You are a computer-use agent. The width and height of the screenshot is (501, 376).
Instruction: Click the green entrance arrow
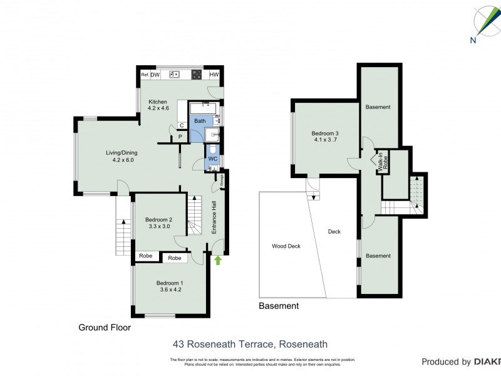point(217,259)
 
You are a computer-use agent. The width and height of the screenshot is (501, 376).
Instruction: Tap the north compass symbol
point(483,23)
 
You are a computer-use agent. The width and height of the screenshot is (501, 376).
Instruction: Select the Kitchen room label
point(158,105)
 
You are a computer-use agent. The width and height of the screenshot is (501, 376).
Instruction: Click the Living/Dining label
point(121,156)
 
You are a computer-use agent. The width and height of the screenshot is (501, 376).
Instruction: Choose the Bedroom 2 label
point(158,223)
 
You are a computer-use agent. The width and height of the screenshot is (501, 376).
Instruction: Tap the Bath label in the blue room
point(200,121)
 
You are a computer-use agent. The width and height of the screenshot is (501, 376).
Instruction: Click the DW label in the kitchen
point(155,75)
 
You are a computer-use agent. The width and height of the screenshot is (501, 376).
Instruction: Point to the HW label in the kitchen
point(214,75)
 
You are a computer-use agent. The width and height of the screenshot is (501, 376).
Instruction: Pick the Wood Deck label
point(286,246)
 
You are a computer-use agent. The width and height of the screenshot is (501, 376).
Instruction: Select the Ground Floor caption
point(105,327)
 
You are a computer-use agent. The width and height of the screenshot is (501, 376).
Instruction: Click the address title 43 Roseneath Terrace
point(250,344)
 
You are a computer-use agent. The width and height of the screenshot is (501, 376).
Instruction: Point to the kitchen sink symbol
point(174,75)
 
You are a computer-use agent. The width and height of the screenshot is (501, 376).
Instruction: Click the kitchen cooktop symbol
point(196,75)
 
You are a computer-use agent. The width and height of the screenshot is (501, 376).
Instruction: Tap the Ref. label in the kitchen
point(145,75)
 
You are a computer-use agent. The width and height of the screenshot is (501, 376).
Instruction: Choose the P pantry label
point(180,136)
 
